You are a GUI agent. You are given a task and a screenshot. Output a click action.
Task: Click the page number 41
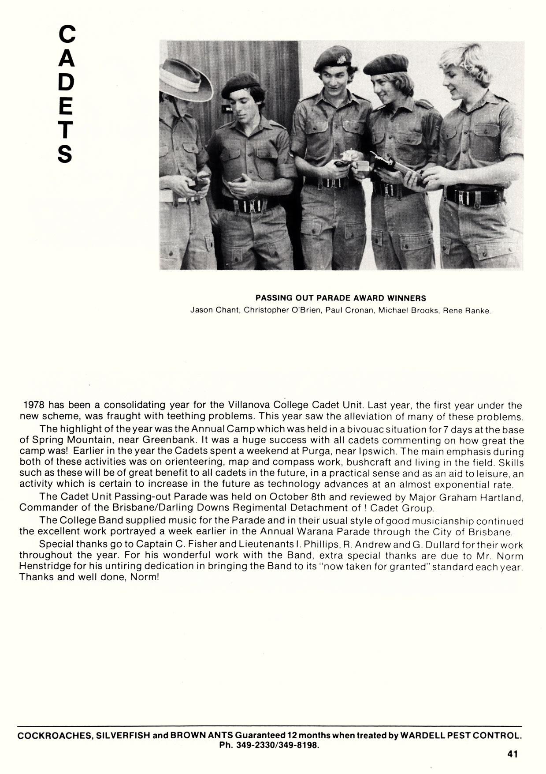512,754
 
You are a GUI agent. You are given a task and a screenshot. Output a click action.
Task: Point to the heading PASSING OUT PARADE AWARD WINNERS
341,298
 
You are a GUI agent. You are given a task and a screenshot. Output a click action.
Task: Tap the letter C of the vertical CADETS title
67,34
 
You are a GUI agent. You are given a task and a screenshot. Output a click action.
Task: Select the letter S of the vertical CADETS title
65,153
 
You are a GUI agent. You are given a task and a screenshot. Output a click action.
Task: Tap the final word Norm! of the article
144,577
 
